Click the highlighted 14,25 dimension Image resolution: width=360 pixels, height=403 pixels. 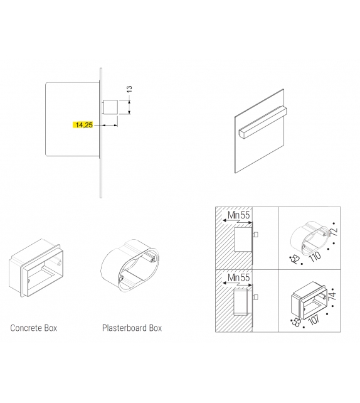tap(83, 125)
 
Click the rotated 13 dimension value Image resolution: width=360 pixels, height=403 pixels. tap(129, 89)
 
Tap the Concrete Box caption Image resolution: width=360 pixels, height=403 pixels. tap(34, 328)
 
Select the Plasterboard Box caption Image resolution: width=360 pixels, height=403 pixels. tap(132, 328)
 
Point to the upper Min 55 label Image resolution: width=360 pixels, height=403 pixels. tap(238, 215)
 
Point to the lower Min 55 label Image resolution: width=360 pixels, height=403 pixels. tap(238, 277)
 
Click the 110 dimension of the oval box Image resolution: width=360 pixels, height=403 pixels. tap(315, 257)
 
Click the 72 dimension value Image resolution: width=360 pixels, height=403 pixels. tap(334, 232)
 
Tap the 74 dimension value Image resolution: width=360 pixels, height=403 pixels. tap(332, 296)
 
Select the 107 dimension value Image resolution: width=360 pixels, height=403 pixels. tap(314, 320)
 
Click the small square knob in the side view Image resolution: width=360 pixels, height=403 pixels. tap(110, 107)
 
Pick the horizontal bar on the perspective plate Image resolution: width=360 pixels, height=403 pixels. tap(262, 122)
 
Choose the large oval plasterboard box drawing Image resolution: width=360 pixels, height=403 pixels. tap(130, 266)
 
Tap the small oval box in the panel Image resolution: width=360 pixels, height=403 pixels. tap(310, 238)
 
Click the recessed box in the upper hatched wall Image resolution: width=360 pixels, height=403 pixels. tap(243, 239)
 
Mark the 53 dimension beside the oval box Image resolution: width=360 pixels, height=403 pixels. tap(295, 260)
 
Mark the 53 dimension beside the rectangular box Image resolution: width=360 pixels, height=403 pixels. tap(297, 322)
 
